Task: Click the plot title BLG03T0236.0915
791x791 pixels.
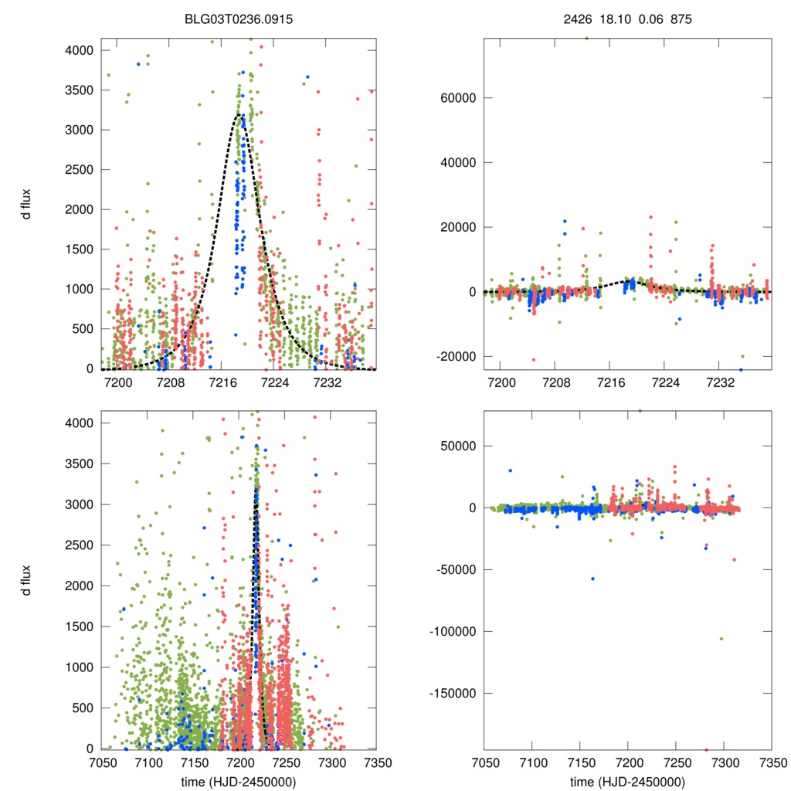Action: [238, 16]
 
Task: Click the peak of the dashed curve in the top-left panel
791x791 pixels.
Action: [239, 115]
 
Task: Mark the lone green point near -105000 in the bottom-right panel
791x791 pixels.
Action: [721, 638]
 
